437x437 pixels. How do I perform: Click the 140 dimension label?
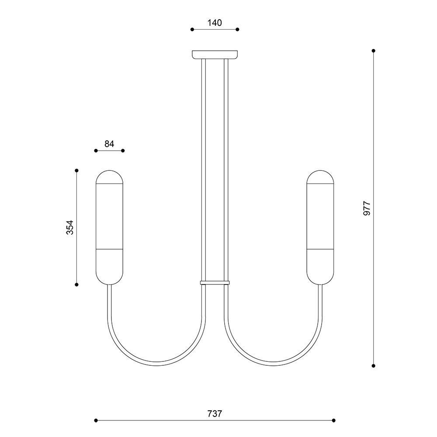[215, 23]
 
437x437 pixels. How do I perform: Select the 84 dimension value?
[109, 144]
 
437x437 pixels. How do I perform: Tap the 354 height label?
[70, 227]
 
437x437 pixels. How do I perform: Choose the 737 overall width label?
[215, 414]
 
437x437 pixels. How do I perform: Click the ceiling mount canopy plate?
[215, 55]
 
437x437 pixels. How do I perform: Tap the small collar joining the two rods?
[215, 283]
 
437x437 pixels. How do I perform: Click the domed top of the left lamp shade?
[110, 177]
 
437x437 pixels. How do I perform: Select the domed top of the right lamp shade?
[320, 177]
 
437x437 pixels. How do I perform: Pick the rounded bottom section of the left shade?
[110, 267]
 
